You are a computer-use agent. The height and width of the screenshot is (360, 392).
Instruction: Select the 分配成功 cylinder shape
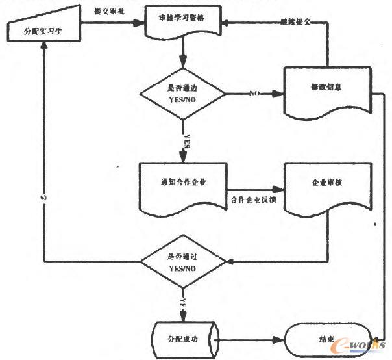(184, 339)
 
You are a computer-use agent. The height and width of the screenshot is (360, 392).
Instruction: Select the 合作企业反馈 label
(254, 199)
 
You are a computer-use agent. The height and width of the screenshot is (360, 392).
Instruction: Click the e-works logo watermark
(360, 342)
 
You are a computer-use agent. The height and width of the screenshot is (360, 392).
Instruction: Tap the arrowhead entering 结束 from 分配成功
(286, 339)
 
